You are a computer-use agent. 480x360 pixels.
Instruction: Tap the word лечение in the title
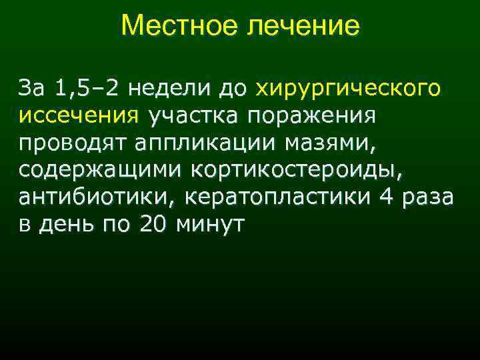pyautogui.click(x=305, y=27)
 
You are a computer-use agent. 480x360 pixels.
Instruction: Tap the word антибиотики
pyautogui.click(x=96, y=198)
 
